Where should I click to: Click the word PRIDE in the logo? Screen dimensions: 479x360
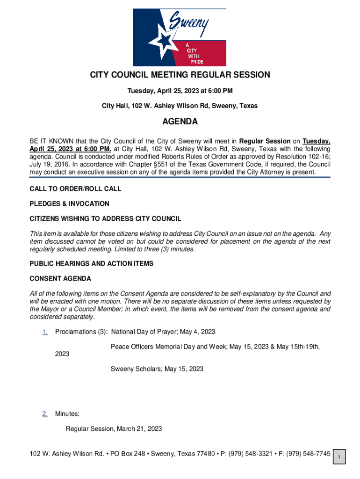tap(196, 62)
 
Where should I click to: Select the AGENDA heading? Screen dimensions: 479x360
tap(180, 122)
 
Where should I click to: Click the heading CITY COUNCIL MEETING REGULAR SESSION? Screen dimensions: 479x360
tap(180, 75)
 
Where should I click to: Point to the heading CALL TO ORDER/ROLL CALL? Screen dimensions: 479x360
tap(75, 189)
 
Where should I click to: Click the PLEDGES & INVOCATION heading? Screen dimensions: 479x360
tap(69, 203)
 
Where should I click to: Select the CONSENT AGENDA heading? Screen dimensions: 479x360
tap(60, 279)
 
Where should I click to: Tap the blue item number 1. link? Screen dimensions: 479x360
tap(45, 332)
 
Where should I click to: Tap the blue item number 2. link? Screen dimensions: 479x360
tap(45, 414)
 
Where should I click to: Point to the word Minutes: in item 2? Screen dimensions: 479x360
tap(67, 414)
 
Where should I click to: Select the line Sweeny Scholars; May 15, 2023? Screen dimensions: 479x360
tap(157, 369)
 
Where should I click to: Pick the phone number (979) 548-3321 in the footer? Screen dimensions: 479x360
tap(249, 454)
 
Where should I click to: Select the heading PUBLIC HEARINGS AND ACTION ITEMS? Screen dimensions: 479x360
tap(91, 264)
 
